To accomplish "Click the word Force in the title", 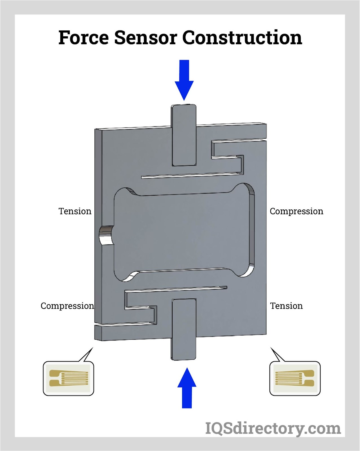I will click(83, 37).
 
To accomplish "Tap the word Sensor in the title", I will click(145, 37).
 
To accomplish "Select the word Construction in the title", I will click(242, 37).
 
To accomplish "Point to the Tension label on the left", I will click(75, 211).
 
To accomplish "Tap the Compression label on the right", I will click(296, 211).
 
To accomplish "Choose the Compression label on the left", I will click(67, 306).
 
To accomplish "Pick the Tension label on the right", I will click(286, 306).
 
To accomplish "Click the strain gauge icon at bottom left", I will click(69, 378).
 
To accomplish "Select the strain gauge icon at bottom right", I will click(295, 378).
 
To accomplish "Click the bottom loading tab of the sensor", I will click(184, 329).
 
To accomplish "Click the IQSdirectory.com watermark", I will click(273, 428).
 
